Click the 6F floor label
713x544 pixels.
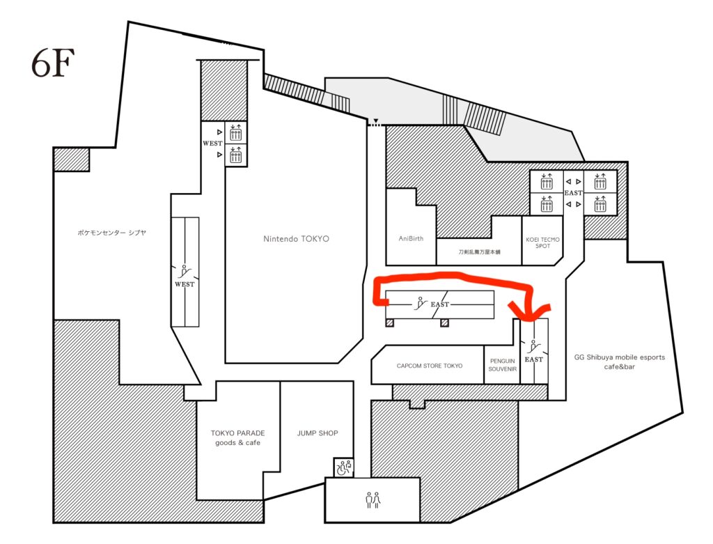(x=53, y=63)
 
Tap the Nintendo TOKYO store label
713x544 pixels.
(x=296, y=239)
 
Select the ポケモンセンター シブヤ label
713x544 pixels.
(x=112, y=233)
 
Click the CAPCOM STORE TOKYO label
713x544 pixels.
(x=429, y=366)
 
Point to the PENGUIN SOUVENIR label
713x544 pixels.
(x=503, y=365)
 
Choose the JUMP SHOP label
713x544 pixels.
(x=318, y=433)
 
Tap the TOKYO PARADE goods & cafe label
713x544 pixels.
(x=238, y=437)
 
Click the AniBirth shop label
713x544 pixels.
(x=411, y=238)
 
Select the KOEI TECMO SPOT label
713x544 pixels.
(x=542, y=242)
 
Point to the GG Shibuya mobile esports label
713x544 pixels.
(x=619, y=357)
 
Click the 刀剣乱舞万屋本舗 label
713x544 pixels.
(x=479, y=251)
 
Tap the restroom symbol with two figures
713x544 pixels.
(x=373, y=500)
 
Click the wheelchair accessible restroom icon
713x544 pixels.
(x=344, y=467)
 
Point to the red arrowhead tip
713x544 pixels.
(x=530, y=320)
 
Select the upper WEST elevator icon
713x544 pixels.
(x=235, y=133)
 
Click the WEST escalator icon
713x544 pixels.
(x=184, y=271)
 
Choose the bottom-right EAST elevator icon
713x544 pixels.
(x=600, y=205)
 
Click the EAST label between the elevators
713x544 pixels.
(x=573, y=193)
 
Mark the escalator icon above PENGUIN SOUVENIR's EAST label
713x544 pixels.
(x=534, y=347)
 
